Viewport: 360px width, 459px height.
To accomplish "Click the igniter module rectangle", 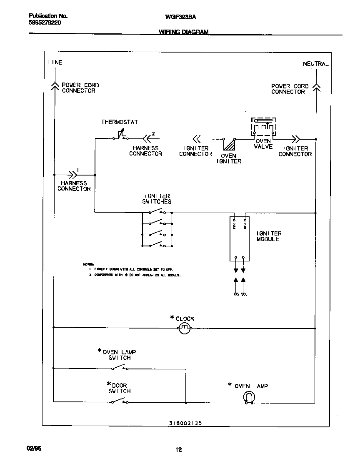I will click(240, 238).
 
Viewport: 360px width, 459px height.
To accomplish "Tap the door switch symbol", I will click(120, 401).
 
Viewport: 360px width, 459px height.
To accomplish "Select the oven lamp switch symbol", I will click(120, 368).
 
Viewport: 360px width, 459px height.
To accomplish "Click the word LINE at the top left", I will click(55, 62).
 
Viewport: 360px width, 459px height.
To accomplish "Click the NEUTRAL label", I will click(315, 64).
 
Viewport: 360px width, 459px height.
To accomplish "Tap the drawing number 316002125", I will click(185, 423).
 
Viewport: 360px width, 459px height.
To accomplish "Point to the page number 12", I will click(178, 449).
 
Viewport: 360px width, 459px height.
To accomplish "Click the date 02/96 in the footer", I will click(34, 448).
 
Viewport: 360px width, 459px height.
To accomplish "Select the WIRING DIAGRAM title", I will click(183, 32).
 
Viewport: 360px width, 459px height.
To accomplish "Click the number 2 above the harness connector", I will click(153, 133).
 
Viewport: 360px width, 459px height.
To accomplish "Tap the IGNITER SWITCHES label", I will click(157, 198).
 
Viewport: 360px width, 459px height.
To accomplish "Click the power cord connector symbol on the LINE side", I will click(54, 85).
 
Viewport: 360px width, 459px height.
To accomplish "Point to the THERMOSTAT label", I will click(120, 122).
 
